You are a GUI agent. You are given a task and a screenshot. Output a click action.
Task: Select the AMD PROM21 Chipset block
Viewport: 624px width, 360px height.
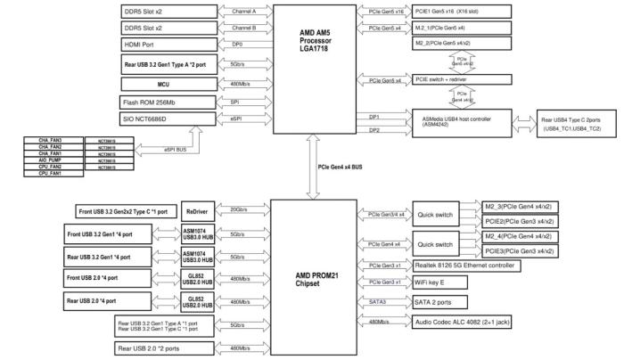(x=314, y=277)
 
